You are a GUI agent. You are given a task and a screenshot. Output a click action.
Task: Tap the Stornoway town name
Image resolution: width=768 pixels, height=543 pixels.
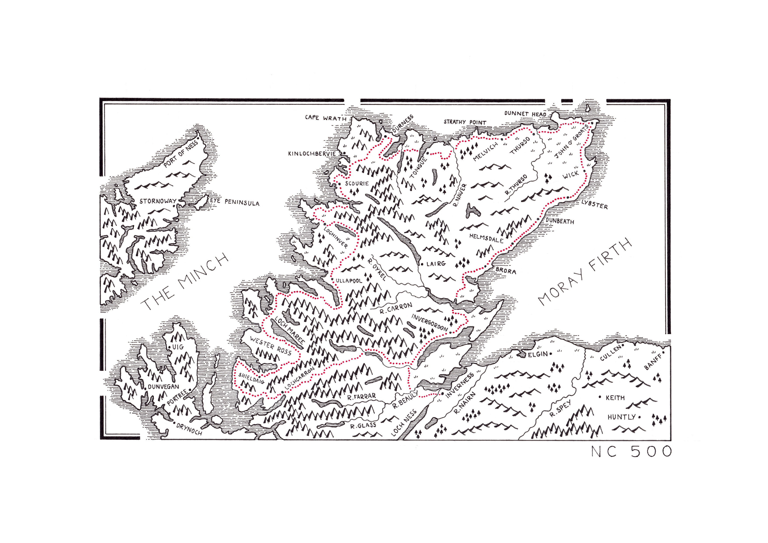[158, 201]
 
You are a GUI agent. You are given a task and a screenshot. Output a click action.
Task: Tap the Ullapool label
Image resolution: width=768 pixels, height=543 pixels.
[349, 280]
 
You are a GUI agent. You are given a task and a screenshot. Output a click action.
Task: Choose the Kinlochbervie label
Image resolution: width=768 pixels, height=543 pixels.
[312, 153]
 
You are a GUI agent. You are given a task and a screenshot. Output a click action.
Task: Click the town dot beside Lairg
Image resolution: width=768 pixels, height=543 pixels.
[422, 264]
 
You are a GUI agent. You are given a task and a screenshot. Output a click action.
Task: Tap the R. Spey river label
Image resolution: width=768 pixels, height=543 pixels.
[560, 409]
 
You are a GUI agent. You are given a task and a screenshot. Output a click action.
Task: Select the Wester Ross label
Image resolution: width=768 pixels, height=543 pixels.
[270, 346]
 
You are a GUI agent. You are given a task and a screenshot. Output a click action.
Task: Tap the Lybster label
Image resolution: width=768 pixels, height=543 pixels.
[594, 205]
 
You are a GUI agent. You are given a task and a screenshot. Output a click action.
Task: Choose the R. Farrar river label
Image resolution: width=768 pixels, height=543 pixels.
[361, 397]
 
